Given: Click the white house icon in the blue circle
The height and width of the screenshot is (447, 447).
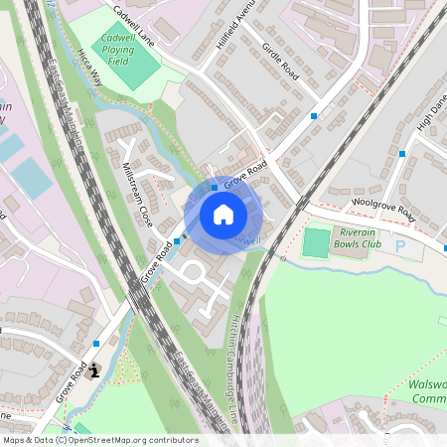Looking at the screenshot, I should point(223,215).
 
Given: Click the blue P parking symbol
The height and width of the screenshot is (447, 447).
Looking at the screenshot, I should point(400,245).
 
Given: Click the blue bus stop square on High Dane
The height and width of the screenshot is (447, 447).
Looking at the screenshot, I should point(402,154).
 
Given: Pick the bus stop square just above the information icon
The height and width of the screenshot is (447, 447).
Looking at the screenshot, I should point(96,343).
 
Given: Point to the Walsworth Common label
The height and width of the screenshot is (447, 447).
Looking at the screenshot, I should point(427,391).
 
